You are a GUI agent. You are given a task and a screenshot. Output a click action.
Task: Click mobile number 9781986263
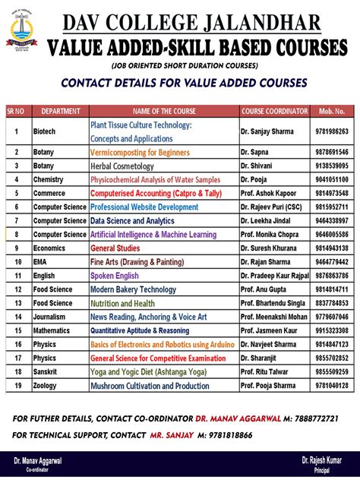333,131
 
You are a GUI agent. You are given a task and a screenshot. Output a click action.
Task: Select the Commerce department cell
49,193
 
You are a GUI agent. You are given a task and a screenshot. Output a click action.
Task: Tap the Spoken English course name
115,276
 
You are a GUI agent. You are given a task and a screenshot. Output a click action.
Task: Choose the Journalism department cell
49,317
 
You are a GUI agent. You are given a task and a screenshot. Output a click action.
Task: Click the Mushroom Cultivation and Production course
150,386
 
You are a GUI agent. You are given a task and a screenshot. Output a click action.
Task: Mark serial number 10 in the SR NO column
16,262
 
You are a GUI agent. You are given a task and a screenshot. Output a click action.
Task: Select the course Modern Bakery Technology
133,289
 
